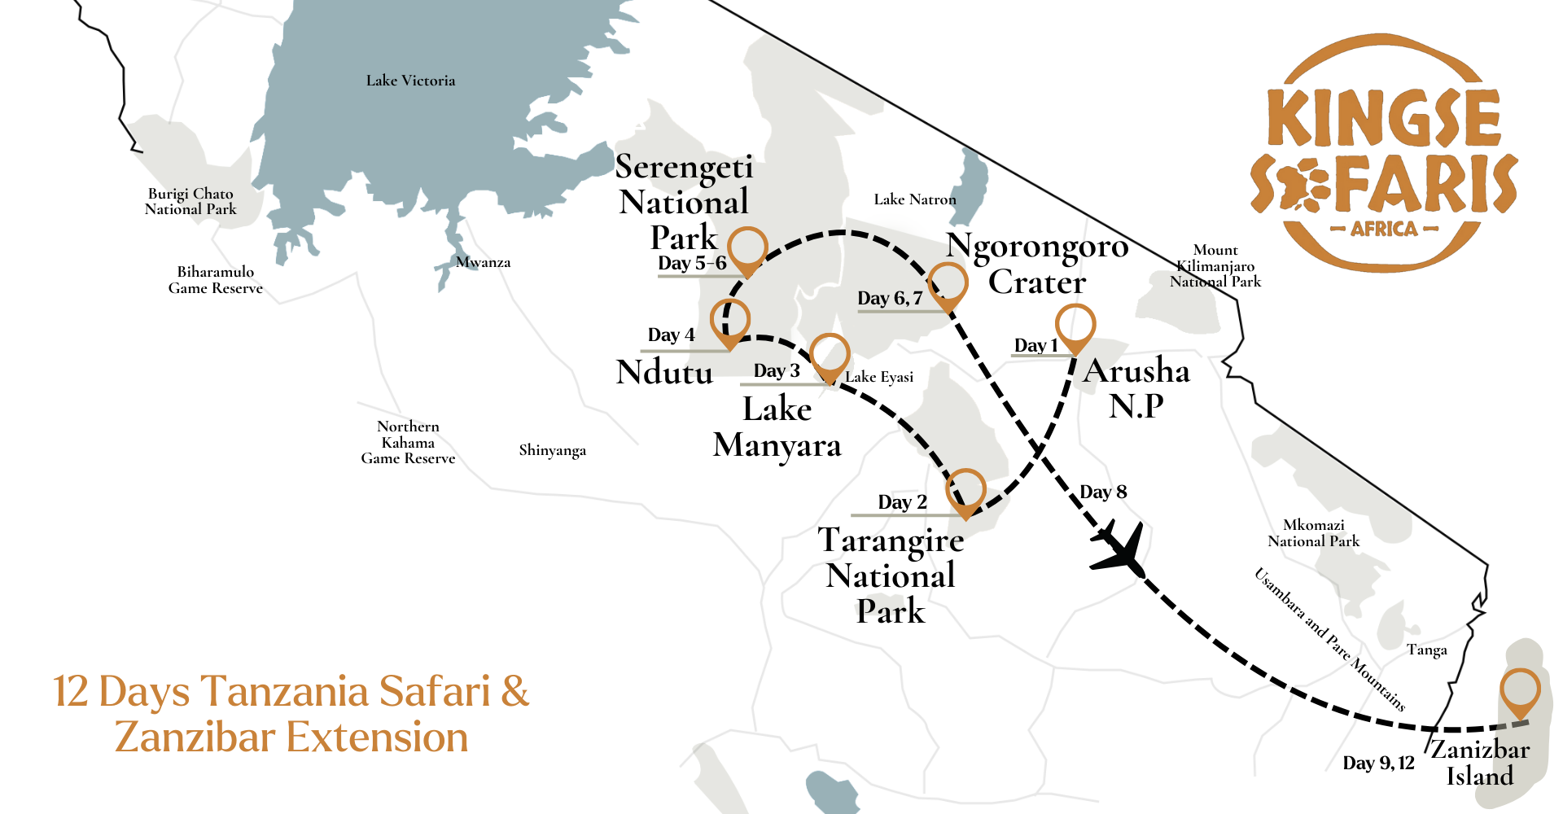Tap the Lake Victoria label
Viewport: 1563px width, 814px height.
click(x=410, y=81)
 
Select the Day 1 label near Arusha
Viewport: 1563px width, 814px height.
click(x=1035, y=346)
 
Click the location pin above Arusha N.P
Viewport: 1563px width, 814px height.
click(x=1075, y=326)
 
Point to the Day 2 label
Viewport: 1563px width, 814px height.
click(x=902, y=502)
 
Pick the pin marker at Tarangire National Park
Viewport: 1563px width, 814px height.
click(x=965, y=490)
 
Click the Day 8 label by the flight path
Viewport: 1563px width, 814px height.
click(x=1103, y=492)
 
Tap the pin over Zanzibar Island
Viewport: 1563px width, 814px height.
click(x=1519, y=690)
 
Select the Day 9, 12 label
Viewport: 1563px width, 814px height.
click(x=1378, y=764)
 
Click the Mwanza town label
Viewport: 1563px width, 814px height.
click(x=483, y=262)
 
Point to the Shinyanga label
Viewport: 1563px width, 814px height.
click(x=552, y=450)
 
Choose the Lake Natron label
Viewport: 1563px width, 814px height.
click(x=914, y=199)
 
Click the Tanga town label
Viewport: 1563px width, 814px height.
click(x=1426, y=650)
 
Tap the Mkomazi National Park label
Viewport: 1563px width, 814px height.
click(x=1313, y=533)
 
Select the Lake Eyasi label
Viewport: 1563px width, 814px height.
click(x=879, y=377)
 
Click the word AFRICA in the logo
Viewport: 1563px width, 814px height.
click(x=1384, y=229)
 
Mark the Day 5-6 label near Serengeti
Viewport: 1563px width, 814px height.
click(x=692, y=263)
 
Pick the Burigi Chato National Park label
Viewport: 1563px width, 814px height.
click(x=190, y=201)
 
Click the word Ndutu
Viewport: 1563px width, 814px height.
click(x=664, y=372)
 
